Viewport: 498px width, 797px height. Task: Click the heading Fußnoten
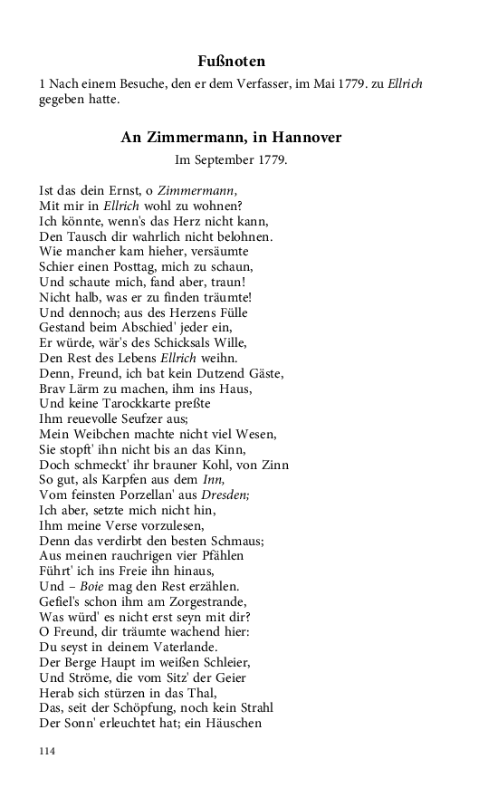pos(231,62)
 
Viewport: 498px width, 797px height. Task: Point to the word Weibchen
pos(102,435)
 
